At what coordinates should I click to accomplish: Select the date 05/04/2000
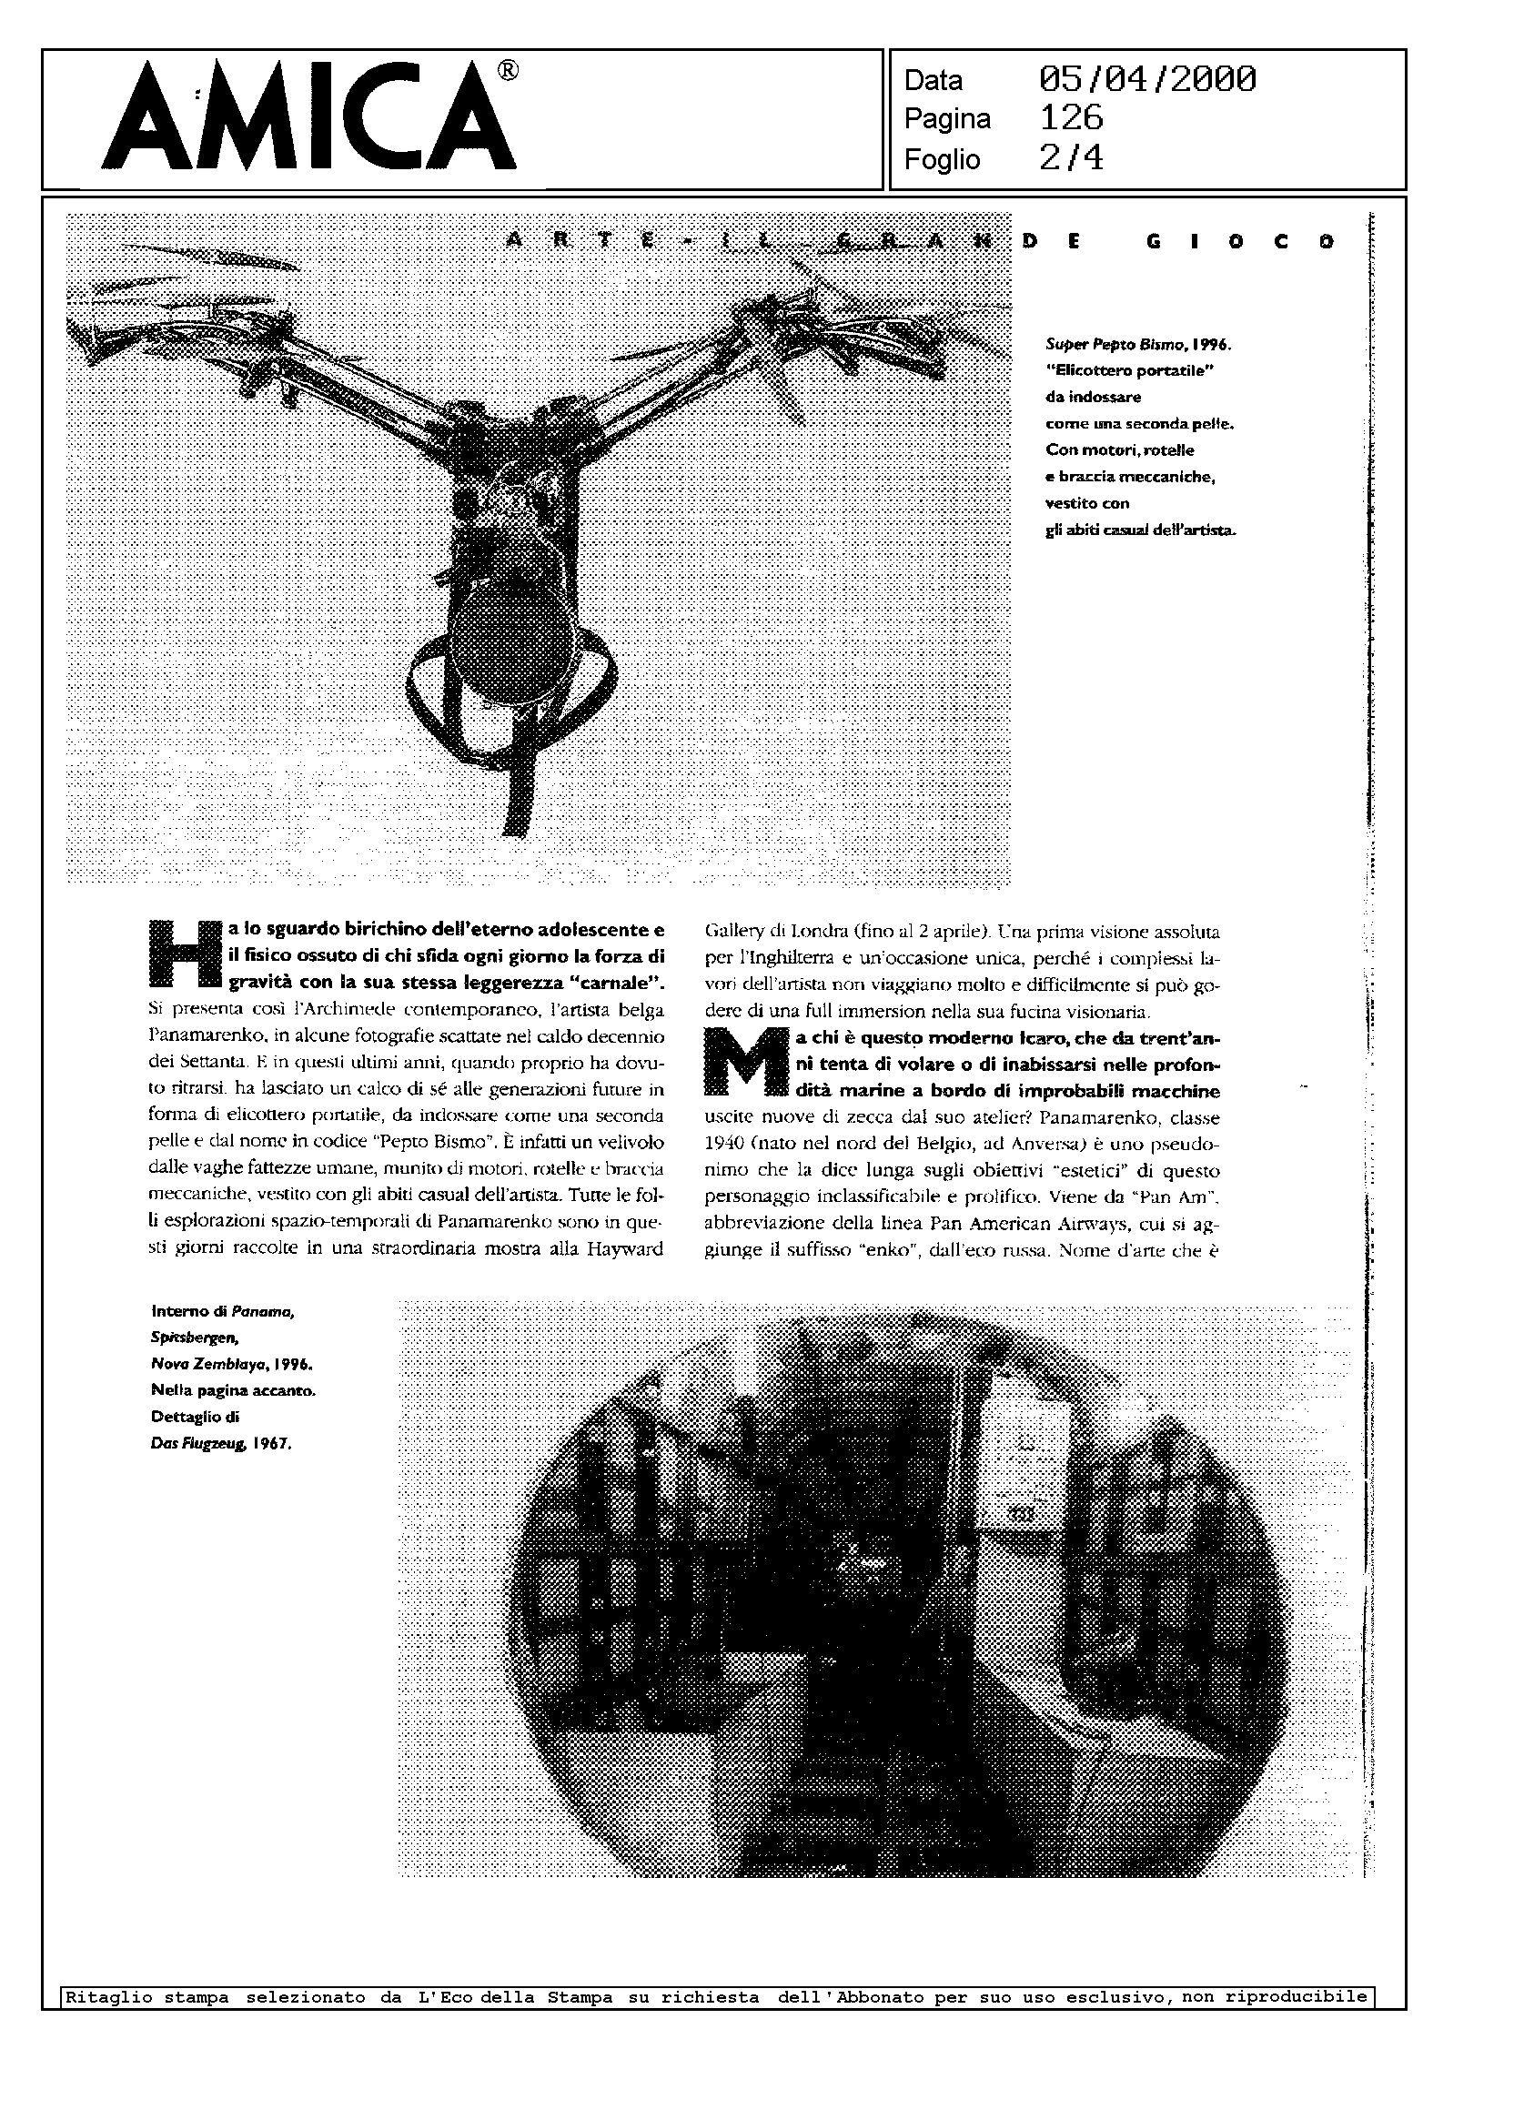click(x=1146, y=79)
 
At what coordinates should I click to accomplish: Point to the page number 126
click(x=1071, y=118)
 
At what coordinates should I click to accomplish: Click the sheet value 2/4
click(x=1071, y=158)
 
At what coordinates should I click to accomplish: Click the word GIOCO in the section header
click(x=1240, y=242)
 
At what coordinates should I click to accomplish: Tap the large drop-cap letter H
click(x=186, y=954)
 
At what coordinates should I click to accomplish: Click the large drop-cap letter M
click(x=742, y=1062)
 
